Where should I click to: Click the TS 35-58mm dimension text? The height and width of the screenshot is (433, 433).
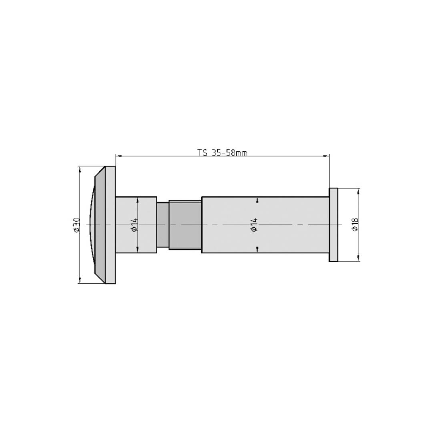pyautogui.click(x=223, y=153)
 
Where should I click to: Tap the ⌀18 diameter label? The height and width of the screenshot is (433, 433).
pyautogui.click(x=355, y=225)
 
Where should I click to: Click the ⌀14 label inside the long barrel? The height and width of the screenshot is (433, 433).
pyautogui.click(x=253, y=225)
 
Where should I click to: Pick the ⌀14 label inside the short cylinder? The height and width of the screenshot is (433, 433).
pyautogui.click(x=134, y=225)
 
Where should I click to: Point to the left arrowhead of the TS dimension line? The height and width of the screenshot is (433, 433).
pyautogui.click(x=118, y=155)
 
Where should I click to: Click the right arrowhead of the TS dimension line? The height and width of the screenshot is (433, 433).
pyautogui.click(x=327, y=155)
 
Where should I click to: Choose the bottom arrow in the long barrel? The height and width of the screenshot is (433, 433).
pyautogui.click(x=257, y=250)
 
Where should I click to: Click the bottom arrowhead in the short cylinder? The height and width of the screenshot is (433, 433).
pyautogui.click(x=138, y=250)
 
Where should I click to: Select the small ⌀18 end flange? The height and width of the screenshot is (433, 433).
pyautogui.click(x=333, y=225)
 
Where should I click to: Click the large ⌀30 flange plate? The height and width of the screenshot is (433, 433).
pyautogui.click(x=110, y=225)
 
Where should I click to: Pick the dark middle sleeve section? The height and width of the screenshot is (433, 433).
pyautogui.click(x=185, y=225)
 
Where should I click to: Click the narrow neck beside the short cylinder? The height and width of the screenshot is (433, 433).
pyautogui.click(x=162, y=225)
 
